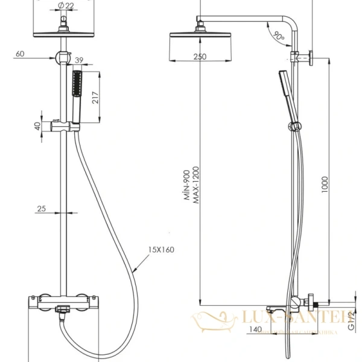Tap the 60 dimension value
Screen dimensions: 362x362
21,53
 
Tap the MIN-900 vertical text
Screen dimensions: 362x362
188,185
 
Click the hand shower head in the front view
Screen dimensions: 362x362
76,84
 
